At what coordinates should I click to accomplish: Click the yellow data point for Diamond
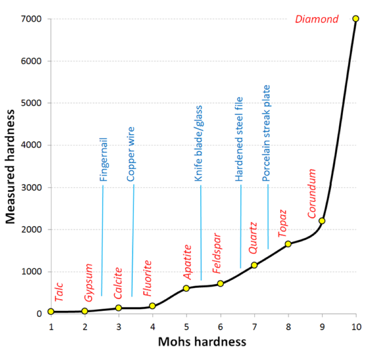(x=356, y=18)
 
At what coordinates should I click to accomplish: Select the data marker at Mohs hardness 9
(x=322, y=221)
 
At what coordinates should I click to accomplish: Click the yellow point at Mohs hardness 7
(x=254, y=265)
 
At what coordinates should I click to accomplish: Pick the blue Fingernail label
(x=104, y=159)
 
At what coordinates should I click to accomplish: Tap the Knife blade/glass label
(x=199, y=143)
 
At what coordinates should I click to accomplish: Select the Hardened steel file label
(x=239, y=139)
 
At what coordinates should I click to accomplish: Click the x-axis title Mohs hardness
(x=202, y=342)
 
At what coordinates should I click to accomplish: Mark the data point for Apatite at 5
(x=186, y=288)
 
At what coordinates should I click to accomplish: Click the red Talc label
(x=59, y=292)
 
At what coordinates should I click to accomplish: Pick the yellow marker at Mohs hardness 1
(x=51, y=311)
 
